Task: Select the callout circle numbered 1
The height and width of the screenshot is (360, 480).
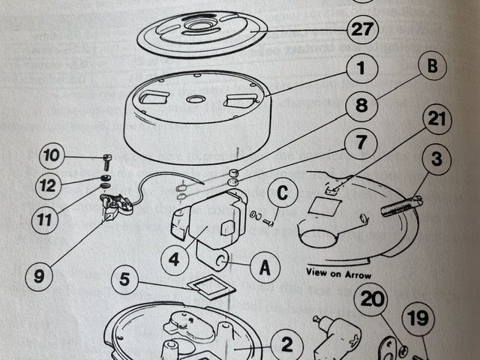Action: click(361, 70)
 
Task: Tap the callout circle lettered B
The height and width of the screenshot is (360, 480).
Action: click(431, 67)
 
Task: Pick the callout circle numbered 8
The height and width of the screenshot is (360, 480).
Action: click(361, 105)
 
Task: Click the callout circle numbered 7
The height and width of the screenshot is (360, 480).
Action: click(361, 141)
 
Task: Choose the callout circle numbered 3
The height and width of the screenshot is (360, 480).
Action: click(436, 160)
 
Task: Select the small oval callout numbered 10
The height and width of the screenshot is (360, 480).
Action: click(50, 157)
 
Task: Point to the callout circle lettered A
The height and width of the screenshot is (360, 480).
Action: click(265, 267)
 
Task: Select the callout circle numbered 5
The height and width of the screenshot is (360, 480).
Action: click(125, 281)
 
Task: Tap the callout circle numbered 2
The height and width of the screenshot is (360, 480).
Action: click(286, 346)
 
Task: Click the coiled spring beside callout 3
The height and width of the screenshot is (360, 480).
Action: click(401, 205)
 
